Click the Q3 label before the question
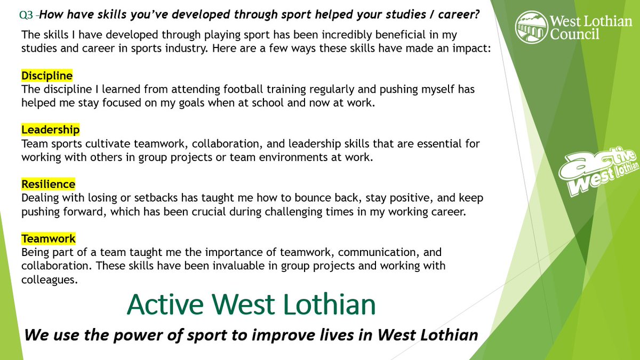[x=26, y=15]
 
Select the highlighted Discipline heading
[x=47, y=76]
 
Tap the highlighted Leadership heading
[x=50, y=130]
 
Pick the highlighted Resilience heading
[x=48, y=184]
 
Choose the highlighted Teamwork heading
[x=48, y=238]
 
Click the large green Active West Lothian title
[x=251, y=305]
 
